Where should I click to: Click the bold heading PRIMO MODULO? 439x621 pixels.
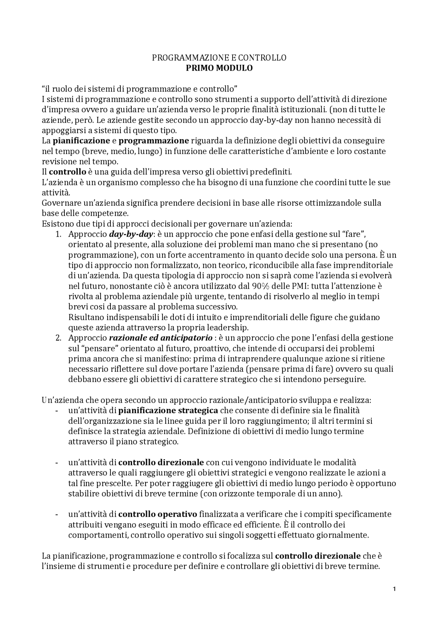tap(219, 68)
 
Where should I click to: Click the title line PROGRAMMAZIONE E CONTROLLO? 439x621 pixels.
tap(219, 58)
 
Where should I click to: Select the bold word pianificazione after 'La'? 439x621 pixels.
tap(81, 141)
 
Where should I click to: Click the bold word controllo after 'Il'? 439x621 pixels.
tap(67, 172)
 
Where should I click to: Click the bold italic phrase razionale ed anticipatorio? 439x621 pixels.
tap(161, 338)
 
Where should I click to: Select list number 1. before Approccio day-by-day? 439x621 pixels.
tap(58, 234)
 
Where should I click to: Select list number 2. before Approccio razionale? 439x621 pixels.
tap(58, 338)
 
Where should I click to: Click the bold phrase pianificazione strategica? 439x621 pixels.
tap(168, 410)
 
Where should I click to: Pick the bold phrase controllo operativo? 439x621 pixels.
tap(158, 514)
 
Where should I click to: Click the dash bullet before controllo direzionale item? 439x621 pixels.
tap(56, 463)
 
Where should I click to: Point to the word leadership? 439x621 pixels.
tap(228, 327)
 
